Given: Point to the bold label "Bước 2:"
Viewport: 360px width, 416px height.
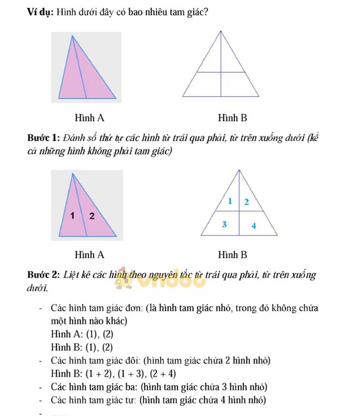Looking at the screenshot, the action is [43, 274].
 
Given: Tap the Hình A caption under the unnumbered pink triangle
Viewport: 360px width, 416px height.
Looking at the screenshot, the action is [90, 118].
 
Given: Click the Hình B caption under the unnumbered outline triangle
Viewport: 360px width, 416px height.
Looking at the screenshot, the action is [233, 118].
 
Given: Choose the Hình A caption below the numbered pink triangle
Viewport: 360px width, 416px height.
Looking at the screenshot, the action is [90, 254].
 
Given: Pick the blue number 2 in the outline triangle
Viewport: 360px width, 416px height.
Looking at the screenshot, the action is [246, 202].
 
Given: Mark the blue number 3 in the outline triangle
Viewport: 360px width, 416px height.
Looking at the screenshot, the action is [225, 225].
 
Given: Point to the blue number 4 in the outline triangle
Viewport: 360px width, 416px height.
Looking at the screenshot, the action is [253, 227].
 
